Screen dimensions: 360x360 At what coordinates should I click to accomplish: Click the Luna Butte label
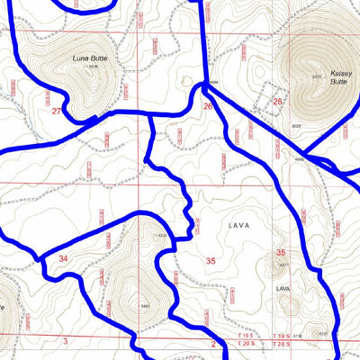click(87, 58)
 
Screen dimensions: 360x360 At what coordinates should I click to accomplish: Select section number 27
click(57, 111)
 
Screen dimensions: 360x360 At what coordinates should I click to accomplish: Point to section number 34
click(63, 258)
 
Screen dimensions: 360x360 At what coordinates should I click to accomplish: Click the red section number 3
click(66, 341)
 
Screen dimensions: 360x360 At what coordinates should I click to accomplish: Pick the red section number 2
click(213, 343)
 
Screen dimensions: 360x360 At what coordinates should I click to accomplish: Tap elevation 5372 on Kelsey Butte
click(315, 76)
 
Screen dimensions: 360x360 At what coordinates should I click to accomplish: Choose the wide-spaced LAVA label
click(238, 225)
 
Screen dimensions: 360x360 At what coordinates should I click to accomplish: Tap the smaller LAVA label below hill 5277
click(282, 288)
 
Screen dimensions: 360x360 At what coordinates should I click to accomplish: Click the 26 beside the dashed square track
click(277, 102)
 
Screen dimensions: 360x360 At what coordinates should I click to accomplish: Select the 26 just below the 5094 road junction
click(208, 107)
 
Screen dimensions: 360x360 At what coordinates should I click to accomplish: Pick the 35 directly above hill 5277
click(281, 253)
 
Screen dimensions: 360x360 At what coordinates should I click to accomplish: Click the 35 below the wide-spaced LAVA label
click(211, 260)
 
